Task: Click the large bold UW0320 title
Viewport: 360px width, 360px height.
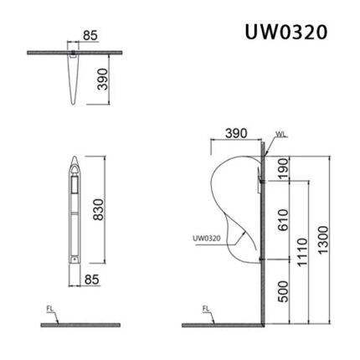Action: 286,31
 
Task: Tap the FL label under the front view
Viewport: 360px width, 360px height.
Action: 49,308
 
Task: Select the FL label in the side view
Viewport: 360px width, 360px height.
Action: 206,309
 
